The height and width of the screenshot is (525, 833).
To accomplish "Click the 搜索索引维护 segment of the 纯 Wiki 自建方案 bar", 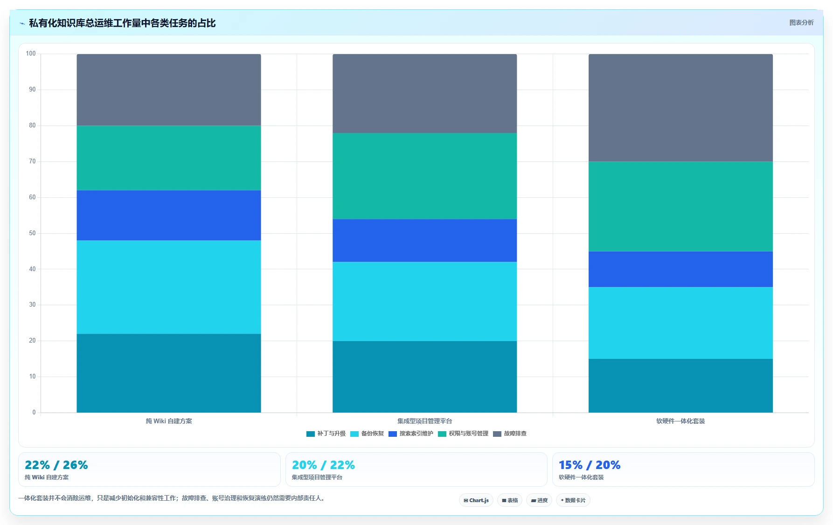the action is click(x=169, y=215).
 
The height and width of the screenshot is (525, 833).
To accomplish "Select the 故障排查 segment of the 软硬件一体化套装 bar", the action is click(x=680, y=108).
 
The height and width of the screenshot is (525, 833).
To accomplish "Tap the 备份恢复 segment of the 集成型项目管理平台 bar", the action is click(x=424, y=301).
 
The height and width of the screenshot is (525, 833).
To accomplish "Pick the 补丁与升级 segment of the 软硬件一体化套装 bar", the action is click(x=680, y=385).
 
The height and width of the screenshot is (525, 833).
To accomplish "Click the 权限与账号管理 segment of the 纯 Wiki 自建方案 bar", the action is click(x=169, y=158).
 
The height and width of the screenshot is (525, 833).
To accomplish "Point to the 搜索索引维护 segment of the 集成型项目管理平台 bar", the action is click(x=424, y=240).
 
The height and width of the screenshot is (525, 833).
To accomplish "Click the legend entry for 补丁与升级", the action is click(x=326, y=434).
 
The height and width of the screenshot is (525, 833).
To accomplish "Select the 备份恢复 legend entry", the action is click(x=367, y=434).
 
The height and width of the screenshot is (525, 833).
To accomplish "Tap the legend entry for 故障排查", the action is click(x=510, y=434).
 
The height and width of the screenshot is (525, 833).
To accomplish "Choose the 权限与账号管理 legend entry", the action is click(x=463, y=434).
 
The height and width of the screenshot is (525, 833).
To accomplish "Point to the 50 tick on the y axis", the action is click(x=32, y=233).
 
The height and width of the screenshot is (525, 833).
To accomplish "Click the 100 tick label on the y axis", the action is click(x=31, y=54).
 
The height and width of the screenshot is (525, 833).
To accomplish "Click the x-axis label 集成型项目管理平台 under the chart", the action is click(x=424, y=421).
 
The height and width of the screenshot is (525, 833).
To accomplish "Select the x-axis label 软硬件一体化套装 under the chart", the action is click(x=680, y=421).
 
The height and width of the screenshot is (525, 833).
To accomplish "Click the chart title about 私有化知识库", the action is click(x=122, y=23).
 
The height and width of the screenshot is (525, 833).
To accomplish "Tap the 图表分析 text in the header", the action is click(x=801, y=22).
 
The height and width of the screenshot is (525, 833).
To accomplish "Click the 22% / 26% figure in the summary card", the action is click(x=56, y=465).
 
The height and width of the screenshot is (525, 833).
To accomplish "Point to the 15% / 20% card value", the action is click(x=590, y=465).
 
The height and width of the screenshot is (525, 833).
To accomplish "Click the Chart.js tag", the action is click(x=476, y=500).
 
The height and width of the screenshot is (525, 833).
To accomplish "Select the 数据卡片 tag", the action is click(x=573, y=500).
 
